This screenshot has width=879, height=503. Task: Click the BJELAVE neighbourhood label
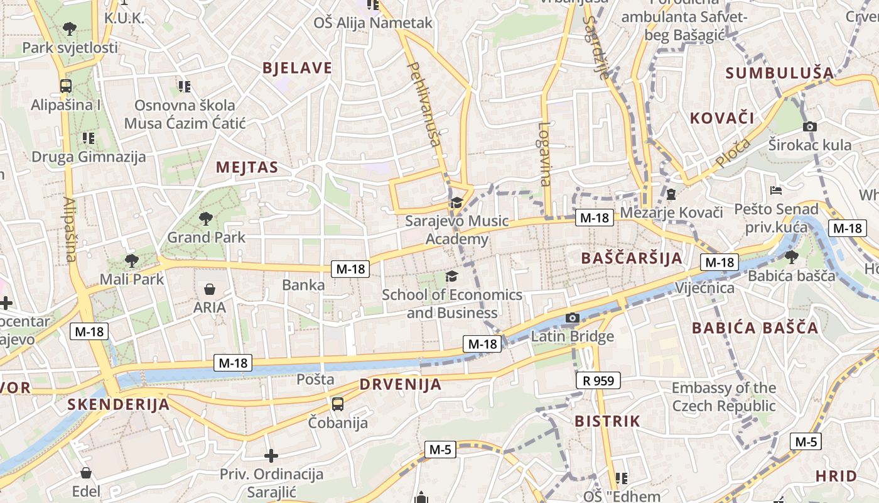(297, 68)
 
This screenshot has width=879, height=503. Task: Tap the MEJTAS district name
(247, 167)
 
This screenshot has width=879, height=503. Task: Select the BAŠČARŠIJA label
(632, 258)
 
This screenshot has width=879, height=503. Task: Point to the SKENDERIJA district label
(119, 404)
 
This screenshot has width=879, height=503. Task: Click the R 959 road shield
(598, 380)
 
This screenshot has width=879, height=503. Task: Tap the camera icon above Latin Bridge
(572, 318)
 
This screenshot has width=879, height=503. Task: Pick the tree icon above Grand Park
(205, 219)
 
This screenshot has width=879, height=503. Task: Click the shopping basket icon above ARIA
(209, 289)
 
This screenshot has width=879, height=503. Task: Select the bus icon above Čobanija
(338, 404)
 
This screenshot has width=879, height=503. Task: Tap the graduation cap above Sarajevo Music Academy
(456, 202)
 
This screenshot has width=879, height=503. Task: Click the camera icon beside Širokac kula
(810, 126)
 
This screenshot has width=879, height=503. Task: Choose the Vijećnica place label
(704, 288)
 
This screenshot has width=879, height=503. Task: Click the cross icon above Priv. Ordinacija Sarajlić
(271, 455)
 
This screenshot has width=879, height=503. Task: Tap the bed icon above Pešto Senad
(776, 190)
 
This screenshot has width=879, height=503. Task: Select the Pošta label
(315, 379)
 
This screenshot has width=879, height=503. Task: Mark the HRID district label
(836, 475)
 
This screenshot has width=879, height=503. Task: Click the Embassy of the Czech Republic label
(724, 397)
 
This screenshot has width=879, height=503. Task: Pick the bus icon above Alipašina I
(65, 86)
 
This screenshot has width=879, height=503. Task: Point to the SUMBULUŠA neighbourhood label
(780, 73)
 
